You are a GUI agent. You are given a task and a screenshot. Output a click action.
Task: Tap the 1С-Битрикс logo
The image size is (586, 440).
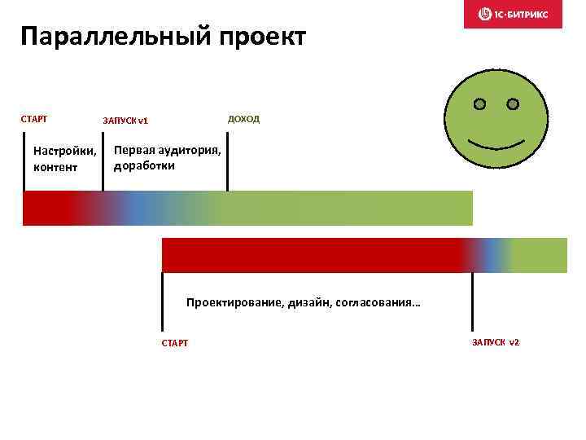point(513,14)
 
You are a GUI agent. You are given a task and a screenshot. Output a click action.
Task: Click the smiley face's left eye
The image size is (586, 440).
point(480,104)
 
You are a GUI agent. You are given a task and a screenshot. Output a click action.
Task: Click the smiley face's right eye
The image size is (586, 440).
point(513,104)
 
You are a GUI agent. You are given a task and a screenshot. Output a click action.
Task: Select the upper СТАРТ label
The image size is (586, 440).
point(34,119)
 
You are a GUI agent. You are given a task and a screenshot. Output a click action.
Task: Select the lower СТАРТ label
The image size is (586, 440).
point(175,343)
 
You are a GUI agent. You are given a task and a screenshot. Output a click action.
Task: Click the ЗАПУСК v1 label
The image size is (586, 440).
point(125,121)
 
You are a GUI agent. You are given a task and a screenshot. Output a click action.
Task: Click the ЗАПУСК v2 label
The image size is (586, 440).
point(495,341)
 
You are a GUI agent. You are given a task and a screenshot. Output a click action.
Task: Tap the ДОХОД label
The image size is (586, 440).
point(243,119)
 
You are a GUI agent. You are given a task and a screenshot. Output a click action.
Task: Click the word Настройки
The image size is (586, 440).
point(64,152)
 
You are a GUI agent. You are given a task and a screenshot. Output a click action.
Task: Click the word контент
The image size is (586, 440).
point(55,168)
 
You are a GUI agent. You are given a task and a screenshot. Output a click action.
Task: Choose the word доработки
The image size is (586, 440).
point(144,165)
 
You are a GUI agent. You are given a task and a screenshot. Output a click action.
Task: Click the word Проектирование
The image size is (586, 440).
point(234,302)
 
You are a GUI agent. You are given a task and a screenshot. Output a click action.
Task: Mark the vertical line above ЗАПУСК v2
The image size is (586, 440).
point(472,301)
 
